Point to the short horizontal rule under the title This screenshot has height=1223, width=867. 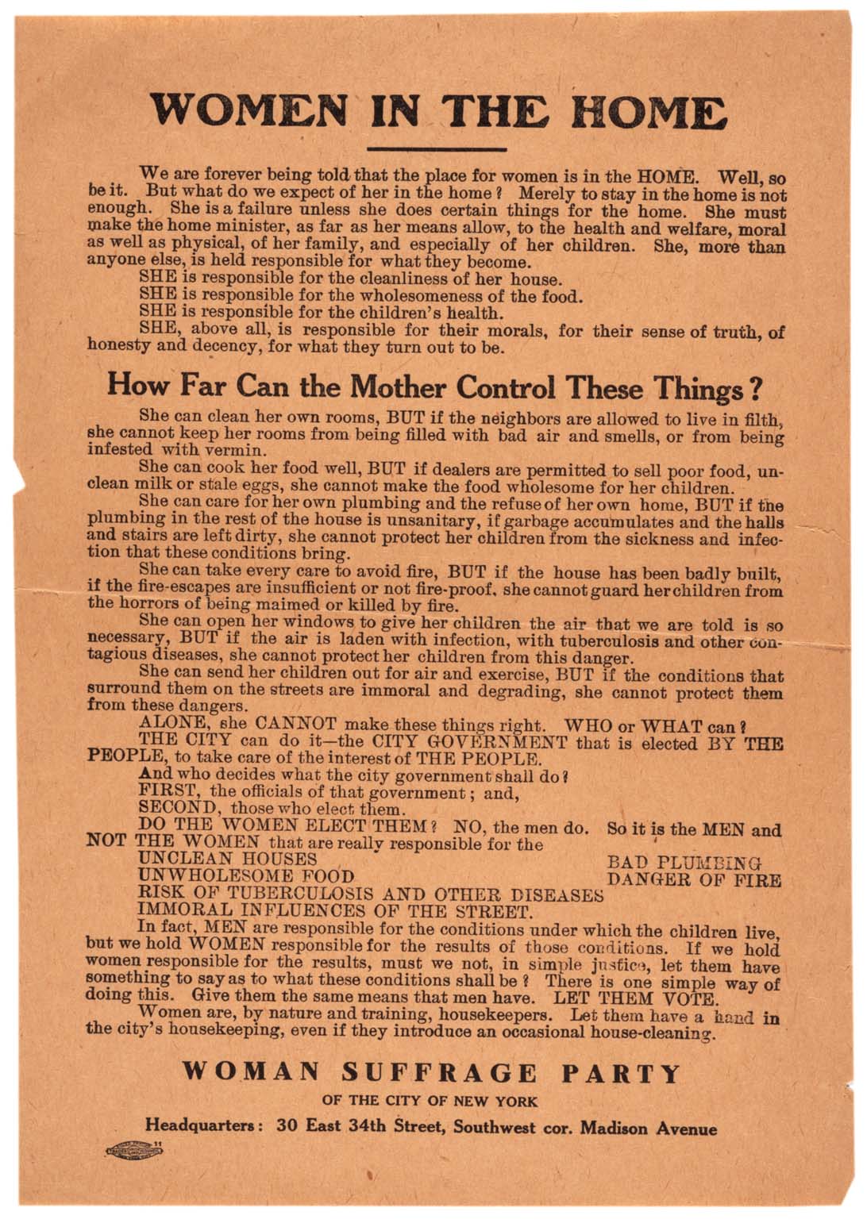coord(437,148)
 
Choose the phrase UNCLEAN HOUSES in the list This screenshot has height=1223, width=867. coord(228,859)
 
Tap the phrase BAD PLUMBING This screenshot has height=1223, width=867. coord(684,862)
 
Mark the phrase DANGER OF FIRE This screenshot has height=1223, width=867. coord(694,879)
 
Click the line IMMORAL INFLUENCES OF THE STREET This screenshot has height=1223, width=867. coord(334,911)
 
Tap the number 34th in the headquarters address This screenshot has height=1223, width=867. coord(365,1128)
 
